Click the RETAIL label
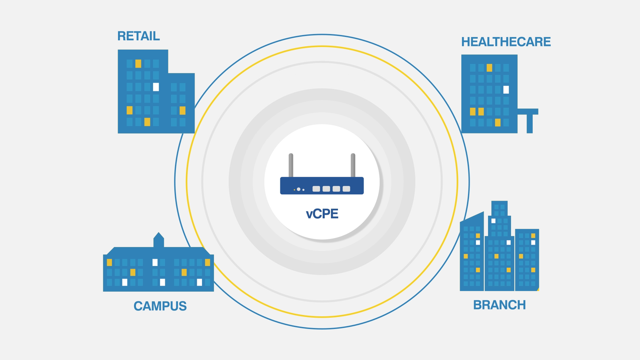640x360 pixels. click(138, 36)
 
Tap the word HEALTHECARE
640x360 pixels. click(506, 42)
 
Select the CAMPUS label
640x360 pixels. click(160, 306)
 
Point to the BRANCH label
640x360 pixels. click(499, 305)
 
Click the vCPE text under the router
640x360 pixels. click(322, 214)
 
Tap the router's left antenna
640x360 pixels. click(291, 165)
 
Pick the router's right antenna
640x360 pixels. click(353, 165)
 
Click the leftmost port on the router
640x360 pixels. click(316, 188)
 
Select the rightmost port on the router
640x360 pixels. click(346, 188)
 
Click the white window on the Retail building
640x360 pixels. click(156, 87)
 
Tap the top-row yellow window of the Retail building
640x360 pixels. click(138, 64)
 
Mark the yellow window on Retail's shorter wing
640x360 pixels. click(182, 110)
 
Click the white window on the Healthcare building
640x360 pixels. click(506, 90)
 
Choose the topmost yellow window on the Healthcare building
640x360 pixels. click(489, 68)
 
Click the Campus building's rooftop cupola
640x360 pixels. click(159, 240)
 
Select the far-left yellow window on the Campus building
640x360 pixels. click(109, 262)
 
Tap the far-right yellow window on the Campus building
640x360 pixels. click(207, 262)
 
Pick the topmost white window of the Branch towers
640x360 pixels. click(493, 221)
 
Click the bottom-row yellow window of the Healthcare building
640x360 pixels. click(498, 122)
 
